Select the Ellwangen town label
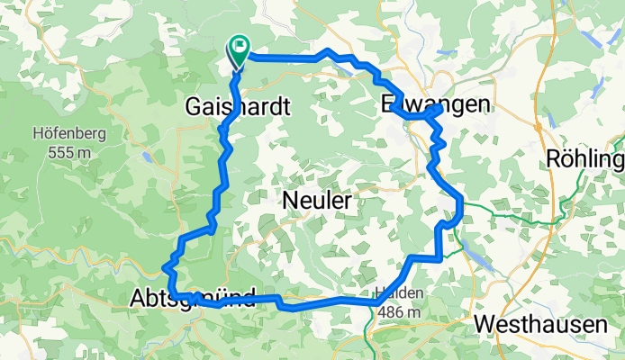point(437,104)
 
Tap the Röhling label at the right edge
point(584,160)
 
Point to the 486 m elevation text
point(400,311)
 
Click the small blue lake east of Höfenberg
point(146,157)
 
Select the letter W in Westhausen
point(485,323)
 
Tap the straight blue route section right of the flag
point(284,58)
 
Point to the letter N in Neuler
point(291,200)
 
